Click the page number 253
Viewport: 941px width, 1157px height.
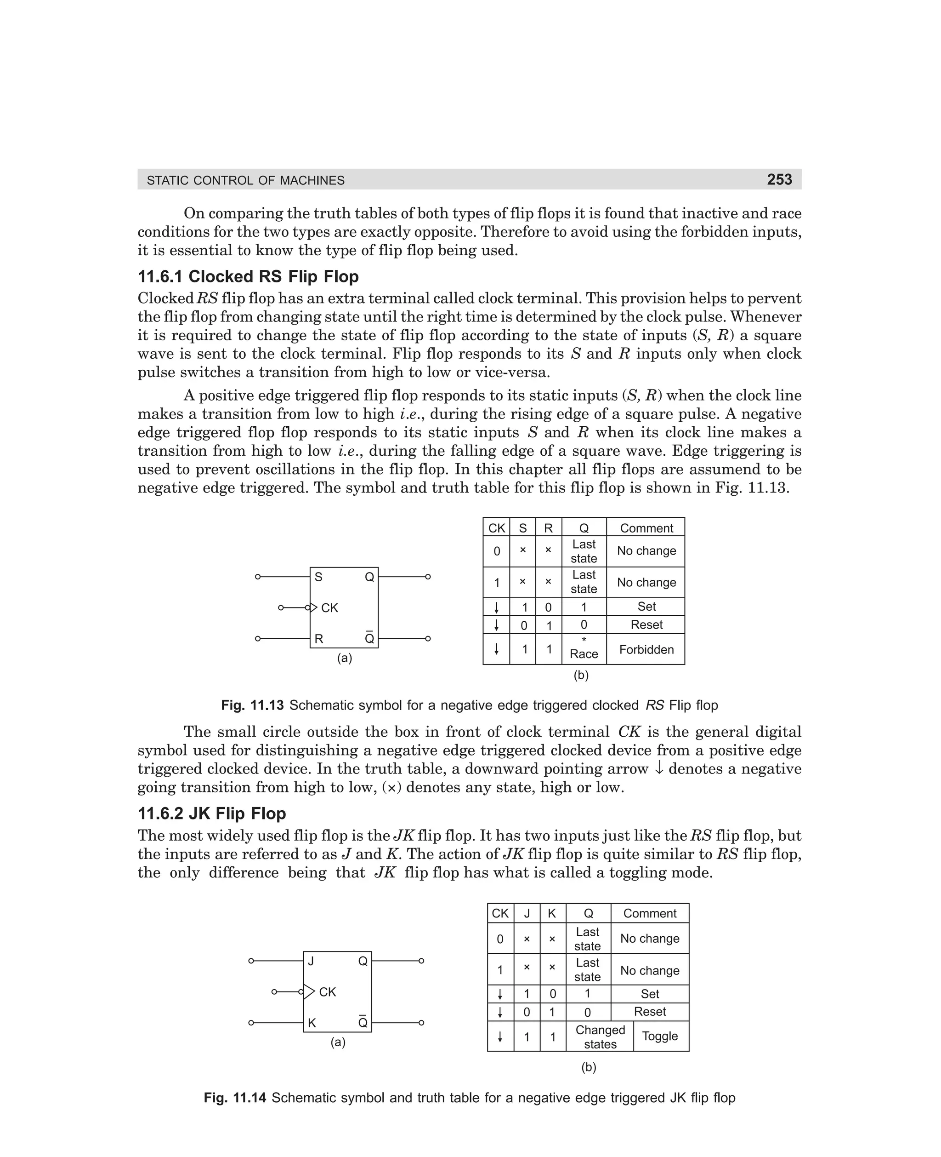[x=779, y=179]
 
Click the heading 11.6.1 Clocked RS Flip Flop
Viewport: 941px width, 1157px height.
[x=248, y=277]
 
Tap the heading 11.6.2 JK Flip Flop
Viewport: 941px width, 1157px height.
[x=212, y=813]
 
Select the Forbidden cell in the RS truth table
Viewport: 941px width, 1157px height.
[x=646, y=649]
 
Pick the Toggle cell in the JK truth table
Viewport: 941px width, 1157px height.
[x=660, y=1036]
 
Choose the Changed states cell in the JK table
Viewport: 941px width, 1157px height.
[x=600, y=1037]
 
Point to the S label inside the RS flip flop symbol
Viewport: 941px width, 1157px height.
[x=319, y=577]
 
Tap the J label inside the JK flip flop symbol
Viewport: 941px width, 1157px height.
[x=311, y=961]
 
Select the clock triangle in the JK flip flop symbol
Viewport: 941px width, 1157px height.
[x=309, y=991]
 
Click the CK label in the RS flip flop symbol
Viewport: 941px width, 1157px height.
[x=329, y=608]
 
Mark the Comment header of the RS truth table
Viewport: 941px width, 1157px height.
[x=646, y=528]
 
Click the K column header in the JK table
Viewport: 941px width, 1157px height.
[x=552, y=913]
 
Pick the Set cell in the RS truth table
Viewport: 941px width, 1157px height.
[x=646, y=607]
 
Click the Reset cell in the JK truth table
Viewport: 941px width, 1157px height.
[x=649, y=1011]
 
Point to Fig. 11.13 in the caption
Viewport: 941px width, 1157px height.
[x=252, y=705]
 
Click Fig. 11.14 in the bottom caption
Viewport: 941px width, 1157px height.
[x=235, y=1098]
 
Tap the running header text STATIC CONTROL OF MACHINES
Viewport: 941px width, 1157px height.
[x=245, y=181]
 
